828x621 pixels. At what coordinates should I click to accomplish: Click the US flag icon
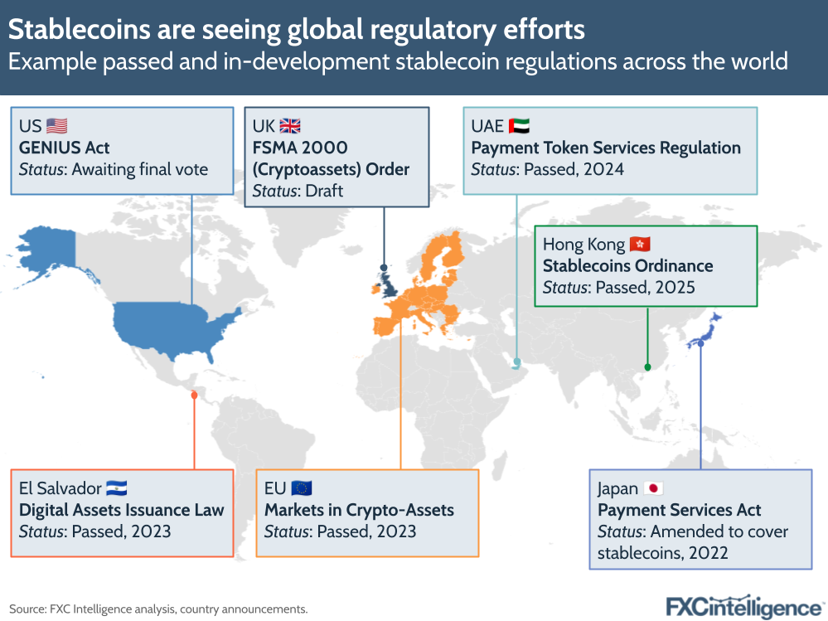(56, 126)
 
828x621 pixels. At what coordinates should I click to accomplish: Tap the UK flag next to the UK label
(290, 126)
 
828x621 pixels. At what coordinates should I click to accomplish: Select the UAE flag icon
(518, 126)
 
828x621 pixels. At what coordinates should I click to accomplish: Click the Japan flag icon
(654, 488)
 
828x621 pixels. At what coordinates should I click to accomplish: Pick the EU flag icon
(301, 488)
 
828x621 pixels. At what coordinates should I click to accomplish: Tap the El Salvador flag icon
(117, 488)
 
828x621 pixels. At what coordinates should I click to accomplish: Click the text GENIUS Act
(64, 148)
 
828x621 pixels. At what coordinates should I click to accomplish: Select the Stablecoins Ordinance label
(627, 266)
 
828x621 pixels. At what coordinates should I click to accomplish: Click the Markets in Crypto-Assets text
(359, 510)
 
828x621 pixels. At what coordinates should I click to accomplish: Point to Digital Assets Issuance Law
(121, 510)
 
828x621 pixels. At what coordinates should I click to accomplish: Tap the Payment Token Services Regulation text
(606, 148)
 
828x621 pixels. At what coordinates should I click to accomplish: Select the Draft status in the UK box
(325, 191)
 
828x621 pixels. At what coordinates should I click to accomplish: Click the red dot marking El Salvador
(194, 395)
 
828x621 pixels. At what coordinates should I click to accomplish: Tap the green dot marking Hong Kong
(647, 366)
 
